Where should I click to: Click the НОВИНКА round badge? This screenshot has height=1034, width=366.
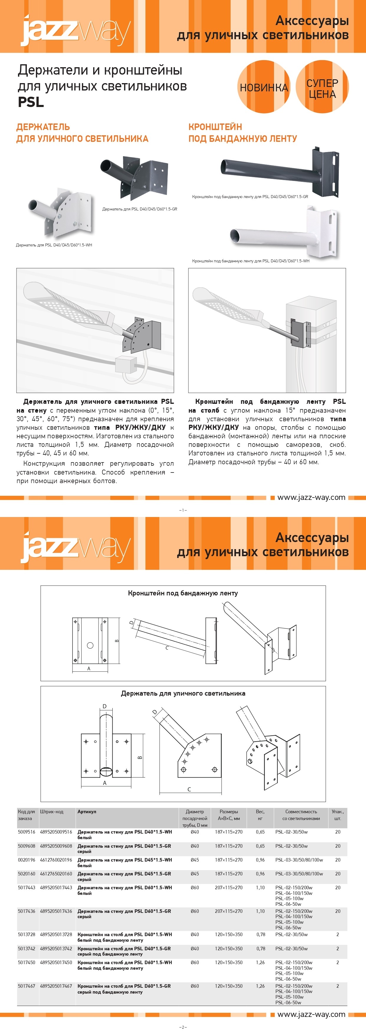click(x=264, y=87)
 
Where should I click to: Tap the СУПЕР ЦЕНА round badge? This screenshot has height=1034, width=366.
click(x=322, y=87)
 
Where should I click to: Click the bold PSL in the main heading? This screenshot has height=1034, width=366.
click(x=31, y=102)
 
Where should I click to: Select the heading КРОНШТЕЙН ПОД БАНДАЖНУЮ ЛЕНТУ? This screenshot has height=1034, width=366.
click(x=243, y=133)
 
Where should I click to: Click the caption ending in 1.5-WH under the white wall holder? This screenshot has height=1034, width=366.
click(x=54, y=245)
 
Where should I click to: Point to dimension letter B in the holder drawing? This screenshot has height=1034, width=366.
click(x=140, y=758)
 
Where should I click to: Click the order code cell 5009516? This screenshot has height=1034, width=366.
click(x=27, y=832)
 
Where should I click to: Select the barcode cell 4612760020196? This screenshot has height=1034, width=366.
click(x=56, y=860)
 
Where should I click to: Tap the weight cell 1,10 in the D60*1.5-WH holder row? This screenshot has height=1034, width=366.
click(x=260, y=888)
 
